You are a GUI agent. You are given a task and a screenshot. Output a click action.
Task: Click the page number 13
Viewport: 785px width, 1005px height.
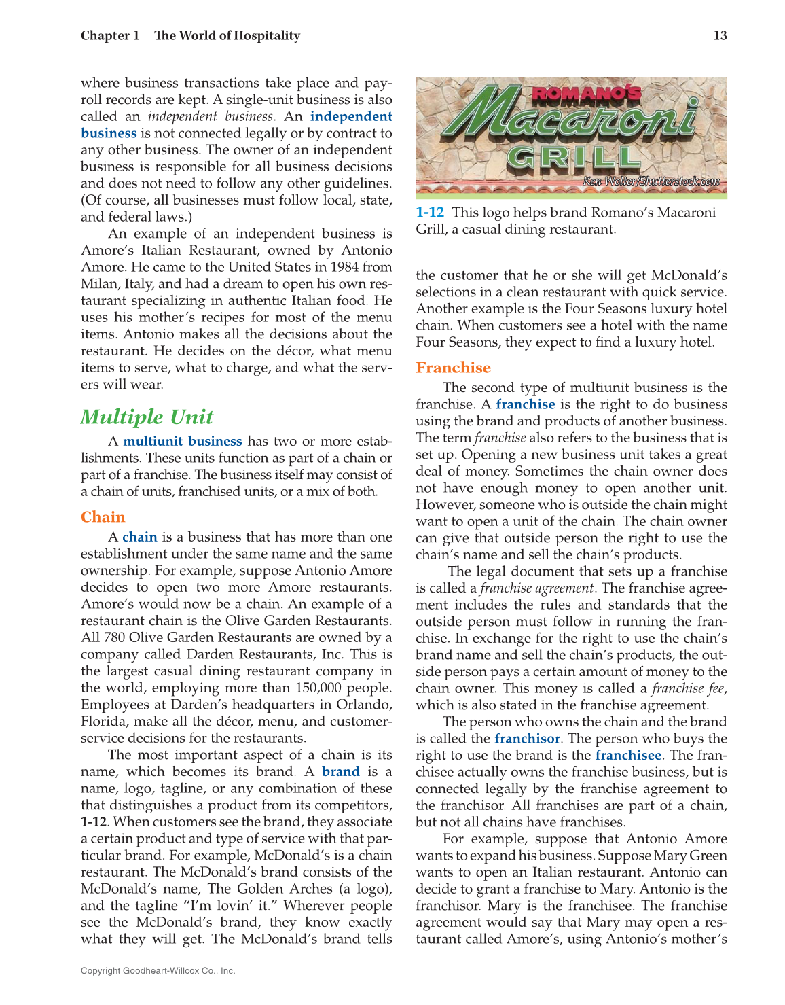tap(720, 36)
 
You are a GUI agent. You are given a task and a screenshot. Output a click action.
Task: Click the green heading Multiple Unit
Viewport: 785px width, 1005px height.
tap(147, 417)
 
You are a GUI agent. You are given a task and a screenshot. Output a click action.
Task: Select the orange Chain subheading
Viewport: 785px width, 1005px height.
tap(103, 517)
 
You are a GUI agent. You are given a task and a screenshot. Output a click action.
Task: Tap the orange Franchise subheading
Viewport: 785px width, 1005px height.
tap(453, 368)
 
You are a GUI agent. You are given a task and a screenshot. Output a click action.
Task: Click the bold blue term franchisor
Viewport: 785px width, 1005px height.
tap(527, 739)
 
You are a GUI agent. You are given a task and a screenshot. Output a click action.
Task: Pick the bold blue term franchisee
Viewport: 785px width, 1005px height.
tap(628, 756)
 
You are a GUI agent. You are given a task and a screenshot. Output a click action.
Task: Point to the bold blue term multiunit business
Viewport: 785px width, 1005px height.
tap(182, 442)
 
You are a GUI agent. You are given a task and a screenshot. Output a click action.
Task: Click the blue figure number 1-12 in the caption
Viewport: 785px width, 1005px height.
tap(429, 213)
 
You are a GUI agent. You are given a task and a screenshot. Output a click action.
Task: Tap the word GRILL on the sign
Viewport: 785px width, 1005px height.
tap(574, 158)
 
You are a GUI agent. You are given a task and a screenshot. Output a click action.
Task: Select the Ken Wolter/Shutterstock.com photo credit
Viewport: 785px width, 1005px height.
tap(651, 181)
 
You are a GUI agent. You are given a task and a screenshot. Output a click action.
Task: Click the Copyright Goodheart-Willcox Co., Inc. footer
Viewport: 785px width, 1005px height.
tap(158, 971)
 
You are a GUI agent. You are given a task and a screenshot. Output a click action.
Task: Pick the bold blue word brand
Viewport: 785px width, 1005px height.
tap(340, 772)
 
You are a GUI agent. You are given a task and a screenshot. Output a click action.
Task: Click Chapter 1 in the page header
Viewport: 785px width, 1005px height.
tap(110, 36)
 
